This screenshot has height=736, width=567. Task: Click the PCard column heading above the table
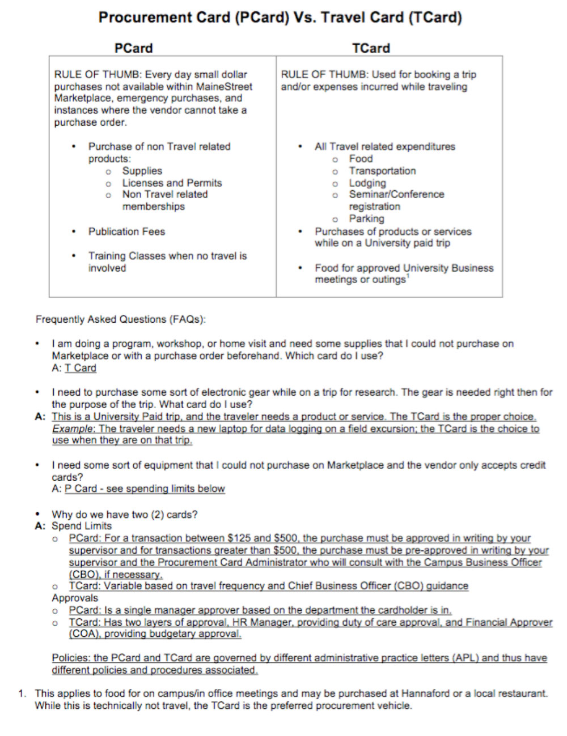click(x=133, y=48)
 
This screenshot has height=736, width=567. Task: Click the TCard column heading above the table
click(x=371, y=48)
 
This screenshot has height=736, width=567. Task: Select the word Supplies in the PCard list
click(x=142, y=170)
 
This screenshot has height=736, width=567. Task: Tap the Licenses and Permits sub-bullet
click(x=172, y=183)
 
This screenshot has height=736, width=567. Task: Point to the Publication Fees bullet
click(x=126, y=232)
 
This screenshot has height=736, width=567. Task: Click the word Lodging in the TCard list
click(x=367, y=183)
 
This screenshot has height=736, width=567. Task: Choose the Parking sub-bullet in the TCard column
click(x=366, y=219)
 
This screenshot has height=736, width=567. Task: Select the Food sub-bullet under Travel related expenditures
click(x=361, y=159)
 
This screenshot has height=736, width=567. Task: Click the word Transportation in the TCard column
click(x=382, y=170)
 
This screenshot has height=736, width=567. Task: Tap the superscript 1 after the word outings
click(x=408, y=276)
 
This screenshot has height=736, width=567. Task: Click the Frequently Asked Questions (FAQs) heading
click(x=121, y=319)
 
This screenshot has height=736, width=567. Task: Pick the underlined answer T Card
click(x=80, y=368)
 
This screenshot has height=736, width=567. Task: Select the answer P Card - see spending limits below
click(x=145, y=489)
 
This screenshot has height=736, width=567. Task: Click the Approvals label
click(x=75, y=598)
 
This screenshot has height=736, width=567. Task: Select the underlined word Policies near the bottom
click(x=71, y=658)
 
